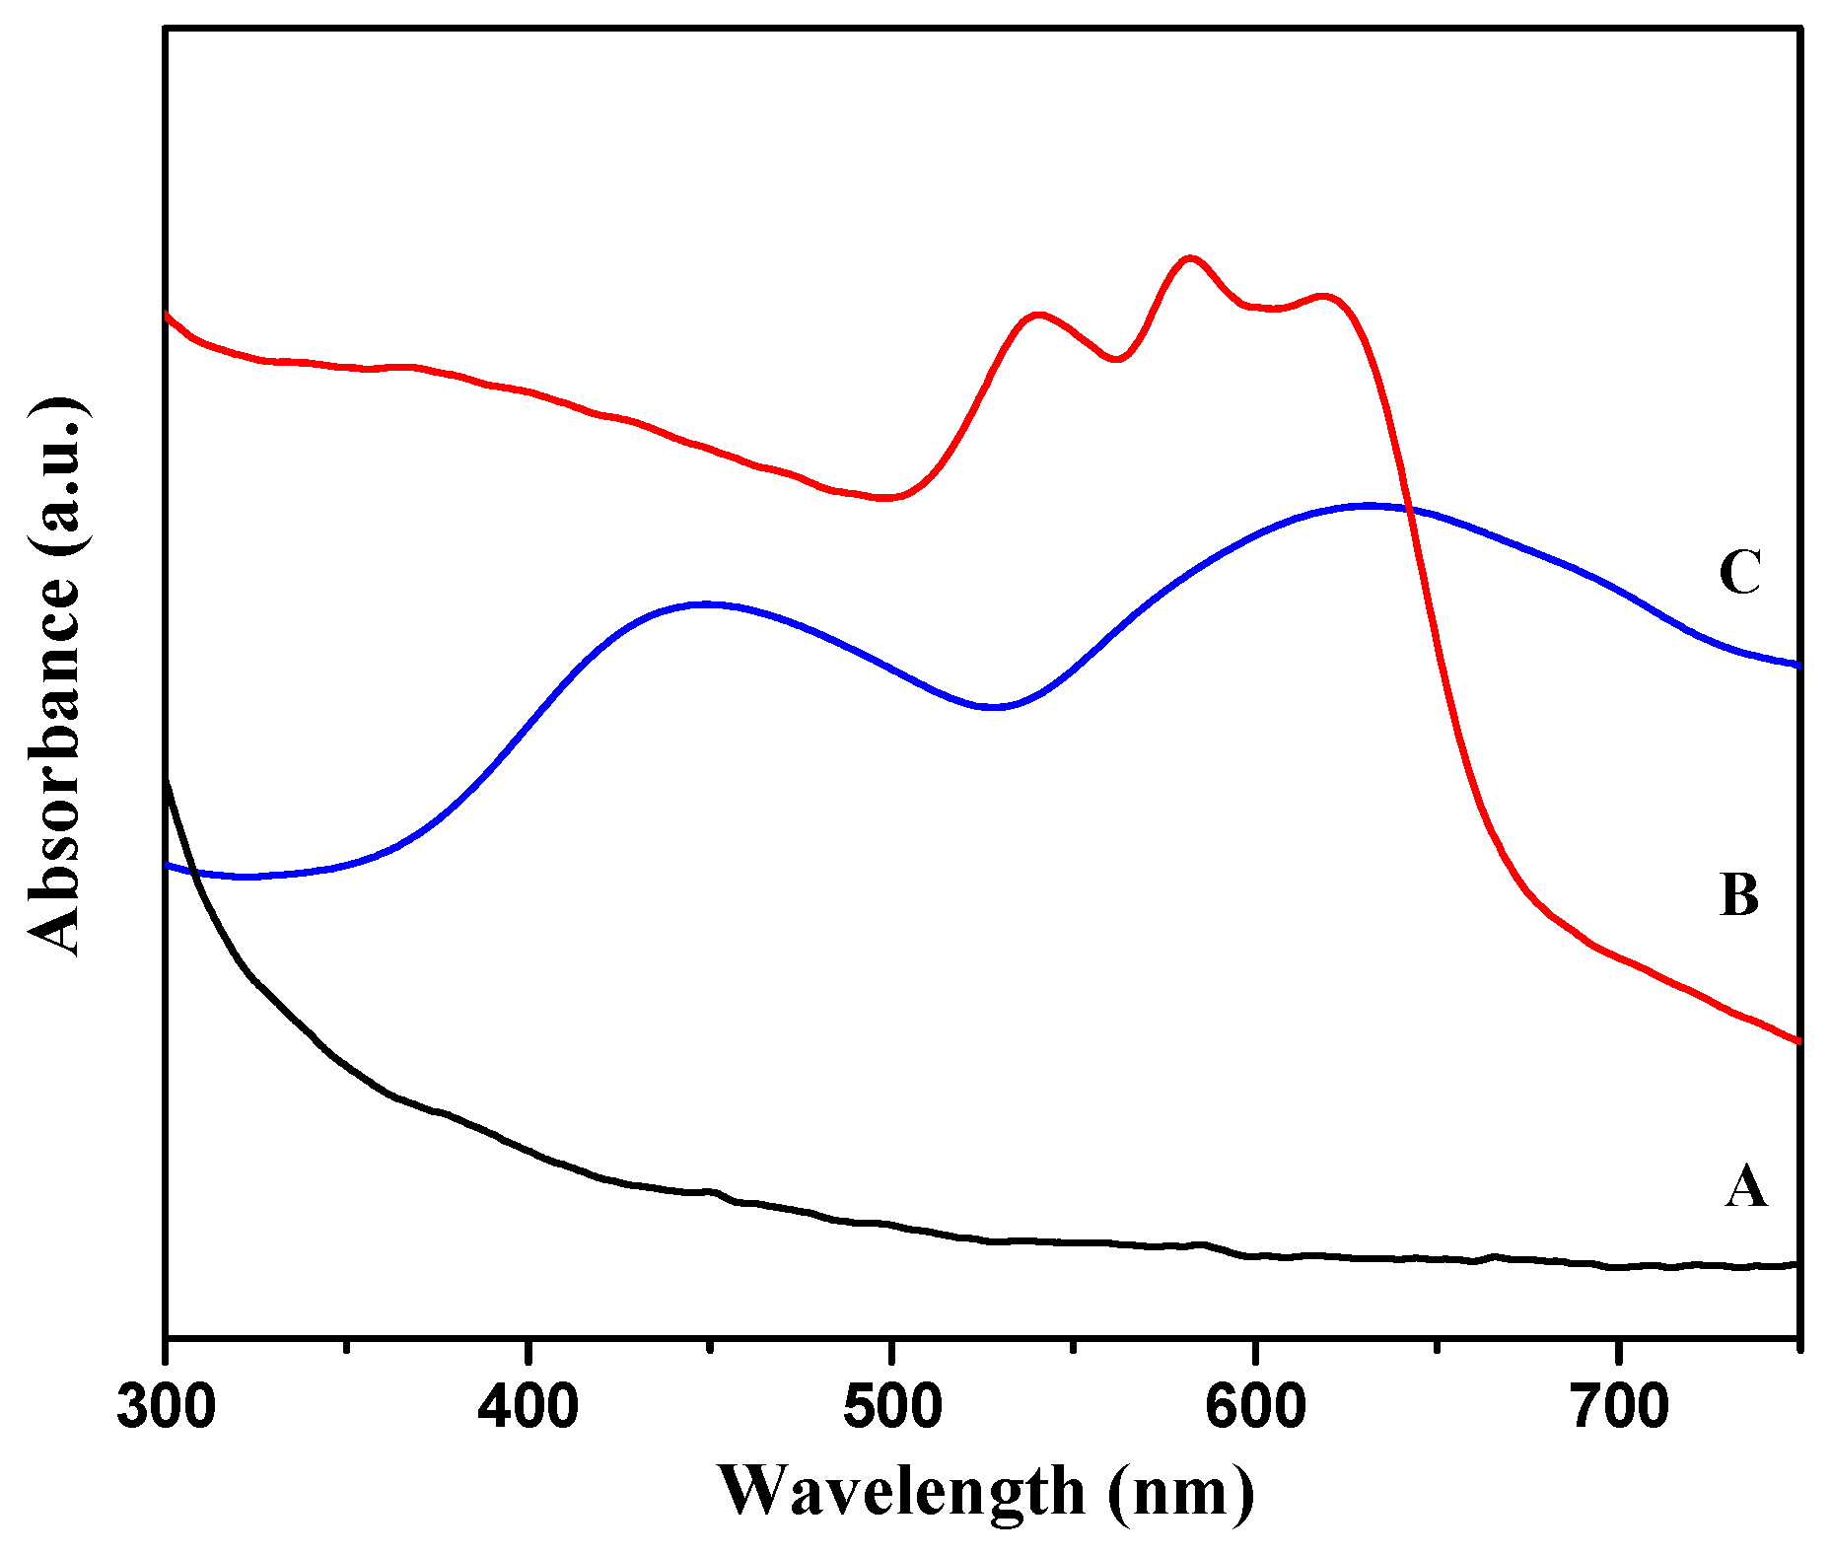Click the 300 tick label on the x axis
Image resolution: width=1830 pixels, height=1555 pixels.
coord(166,1408)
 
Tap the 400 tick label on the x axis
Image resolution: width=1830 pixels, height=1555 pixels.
coord(528,1408)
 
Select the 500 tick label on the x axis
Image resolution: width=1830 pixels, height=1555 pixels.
coord(891,1408)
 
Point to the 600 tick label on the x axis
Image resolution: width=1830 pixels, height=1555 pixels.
coord(1254,1408)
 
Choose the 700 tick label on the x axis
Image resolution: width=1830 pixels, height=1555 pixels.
coord(1618,1408)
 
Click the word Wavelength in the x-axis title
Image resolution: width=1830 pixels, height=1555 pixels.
coord(900,1491)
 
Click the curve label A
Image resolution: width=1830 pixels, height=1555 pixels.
coord(1745,1186)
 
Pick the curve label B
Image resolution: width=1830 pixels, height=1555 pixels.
coord(1739,895)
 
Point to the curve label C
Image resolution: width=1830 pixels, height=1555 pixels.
coord(1739,572)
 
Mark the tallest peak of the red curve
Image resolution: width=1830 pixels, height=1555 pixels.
coord(1190,258)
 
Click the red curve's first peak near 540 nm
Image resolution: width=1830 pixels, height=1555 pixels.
coord(1038,315)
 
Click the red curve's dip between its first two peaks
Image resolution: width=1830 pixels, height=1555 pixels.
coord(1116,359)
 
